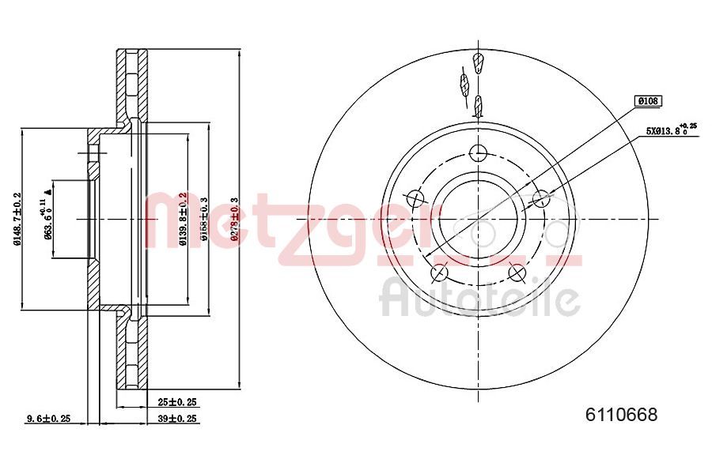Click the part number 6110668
pyautogui.click(x=621, y=415)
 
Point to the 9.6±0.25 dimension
pyautogui.click(x=49, y=419)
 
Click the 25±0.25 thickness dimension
pyautogui.click(x=176, y=402)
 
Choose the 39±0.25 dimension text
pyautogui.click(x=176, y=419)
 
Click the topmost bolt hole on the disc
pyautogui.click(x=478, y=152)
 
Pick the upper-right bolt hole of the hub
pyautogui.click(x=541, y=197)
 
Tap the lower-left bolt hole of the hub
pyautogui.click(x=439, y=273)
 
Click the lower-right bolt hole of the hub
pyautogui.click(x=517, y=273)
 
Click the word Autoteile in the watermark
pyautogui.click(x=480, y=299)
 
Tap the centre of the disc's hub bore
pyautogui.click(x=478, y=219)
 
